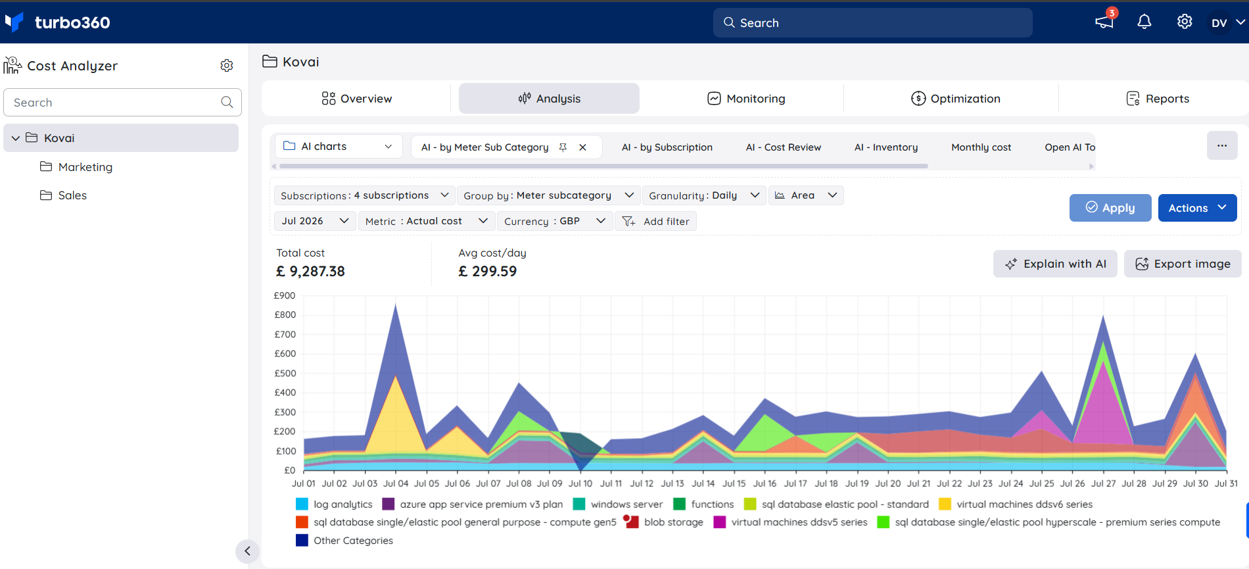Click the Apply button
pyautogui.click(x=1110, y=208)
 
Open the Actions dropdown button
pyautogui.click(x=1197, y=208)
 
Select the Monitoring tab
pyautogui.click(x=746, y=99)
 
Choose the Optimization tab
pyautogui.click(x=956, y=99)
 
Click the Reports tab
pyautogui.click(x=1158, y=99)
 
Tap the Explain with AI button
pyautogui.click(x=1055, y=264)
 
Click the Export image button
pyautogui.click(x=1183, y=264)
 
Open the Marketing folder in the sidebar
pyautogui.click(x=76, y=167)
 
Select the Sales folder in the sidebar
pyautogui.click(x=63, y=195)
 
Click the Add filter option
pyautogui.click(x=655, y=221)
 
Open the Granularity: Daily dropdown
pyautogui.click(x=704, y=195)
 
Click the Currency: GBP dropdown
pyautogui.click(x=555, y=221)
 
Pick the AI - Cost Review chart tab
pyautogui.click(x=783, y=147)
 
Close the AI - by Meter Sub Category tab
pyautogui.click(x=582, y=147)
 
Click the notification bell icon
pyautogui.click(x=1144, y=22)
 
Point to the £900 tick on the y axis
pyautogui.click(x=285, y=295)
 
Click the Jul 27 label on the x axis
pyautogui.click(x=1104, y=483)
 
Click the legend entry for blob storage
pyautogui.click(x=664, y=522)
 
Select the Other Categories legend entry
pyautogui.click(x=344, y=541)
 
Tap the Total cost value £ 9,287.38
pyautogui.click(x=310, y=271)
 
